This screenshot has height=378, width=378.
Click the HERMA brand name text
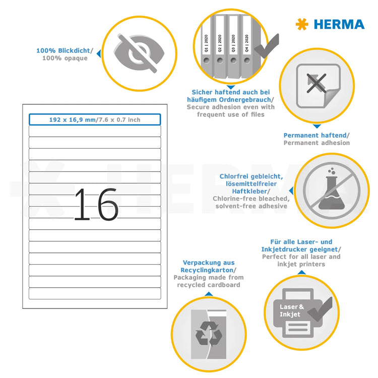click(x=339, y=24)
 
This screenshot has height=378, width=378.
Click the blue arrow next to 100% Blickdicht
click(x=98, y=53)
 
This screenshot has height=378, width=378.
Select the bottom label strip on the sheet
click(x=95, y=293)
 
